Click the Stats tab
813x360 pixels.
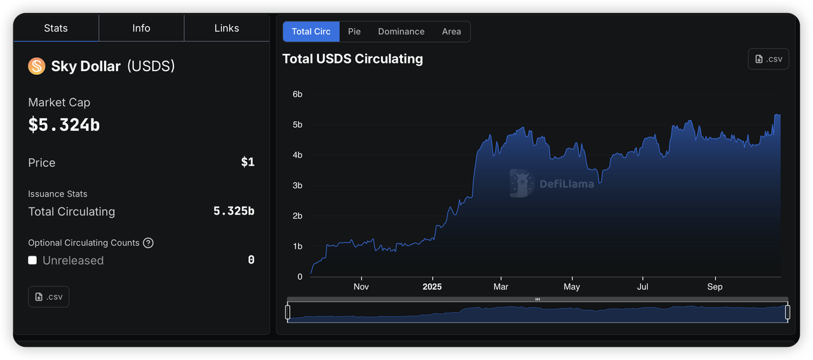[x=56, y=29]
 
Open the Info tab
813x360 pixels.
[x=141, y=29]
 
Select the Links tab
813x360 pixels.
[x=227, y=29]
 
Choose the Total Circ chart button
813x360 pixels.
[x=311, y=32]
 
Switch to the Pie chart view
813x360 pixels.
[x=354, y=32]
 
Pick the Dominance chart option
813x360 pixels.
[x=401, y=32]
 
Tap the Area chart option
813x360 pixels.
[x=452, y=32]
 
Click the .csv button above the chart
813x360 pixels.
[x=769, y=59]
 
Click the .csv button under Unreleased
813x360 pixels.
[x=49, y=297]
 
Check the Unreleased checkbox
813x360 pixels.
[x=32, y=260]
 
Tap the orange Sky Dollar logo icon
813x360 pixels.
[x=37, y=66]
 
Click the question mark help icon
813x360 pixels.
[x=148, y=243]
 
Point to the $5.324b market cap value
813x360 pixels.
[x=64, y=124]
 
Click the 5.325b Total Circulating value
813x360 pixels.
[x=234, y=211]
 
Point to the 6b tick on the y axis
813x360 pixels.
[x=297, y=95]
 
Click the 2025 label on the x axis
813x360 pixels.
[x=432, y=287]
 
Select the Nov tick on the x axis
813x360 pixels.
[x=361, y=287]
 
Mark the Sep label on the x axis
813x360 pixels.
[x=715, y=287]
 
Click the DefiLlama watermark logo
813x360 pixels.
[x=552, y=183]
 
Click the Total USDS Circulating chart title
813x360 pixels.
[x=353, y=59]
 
